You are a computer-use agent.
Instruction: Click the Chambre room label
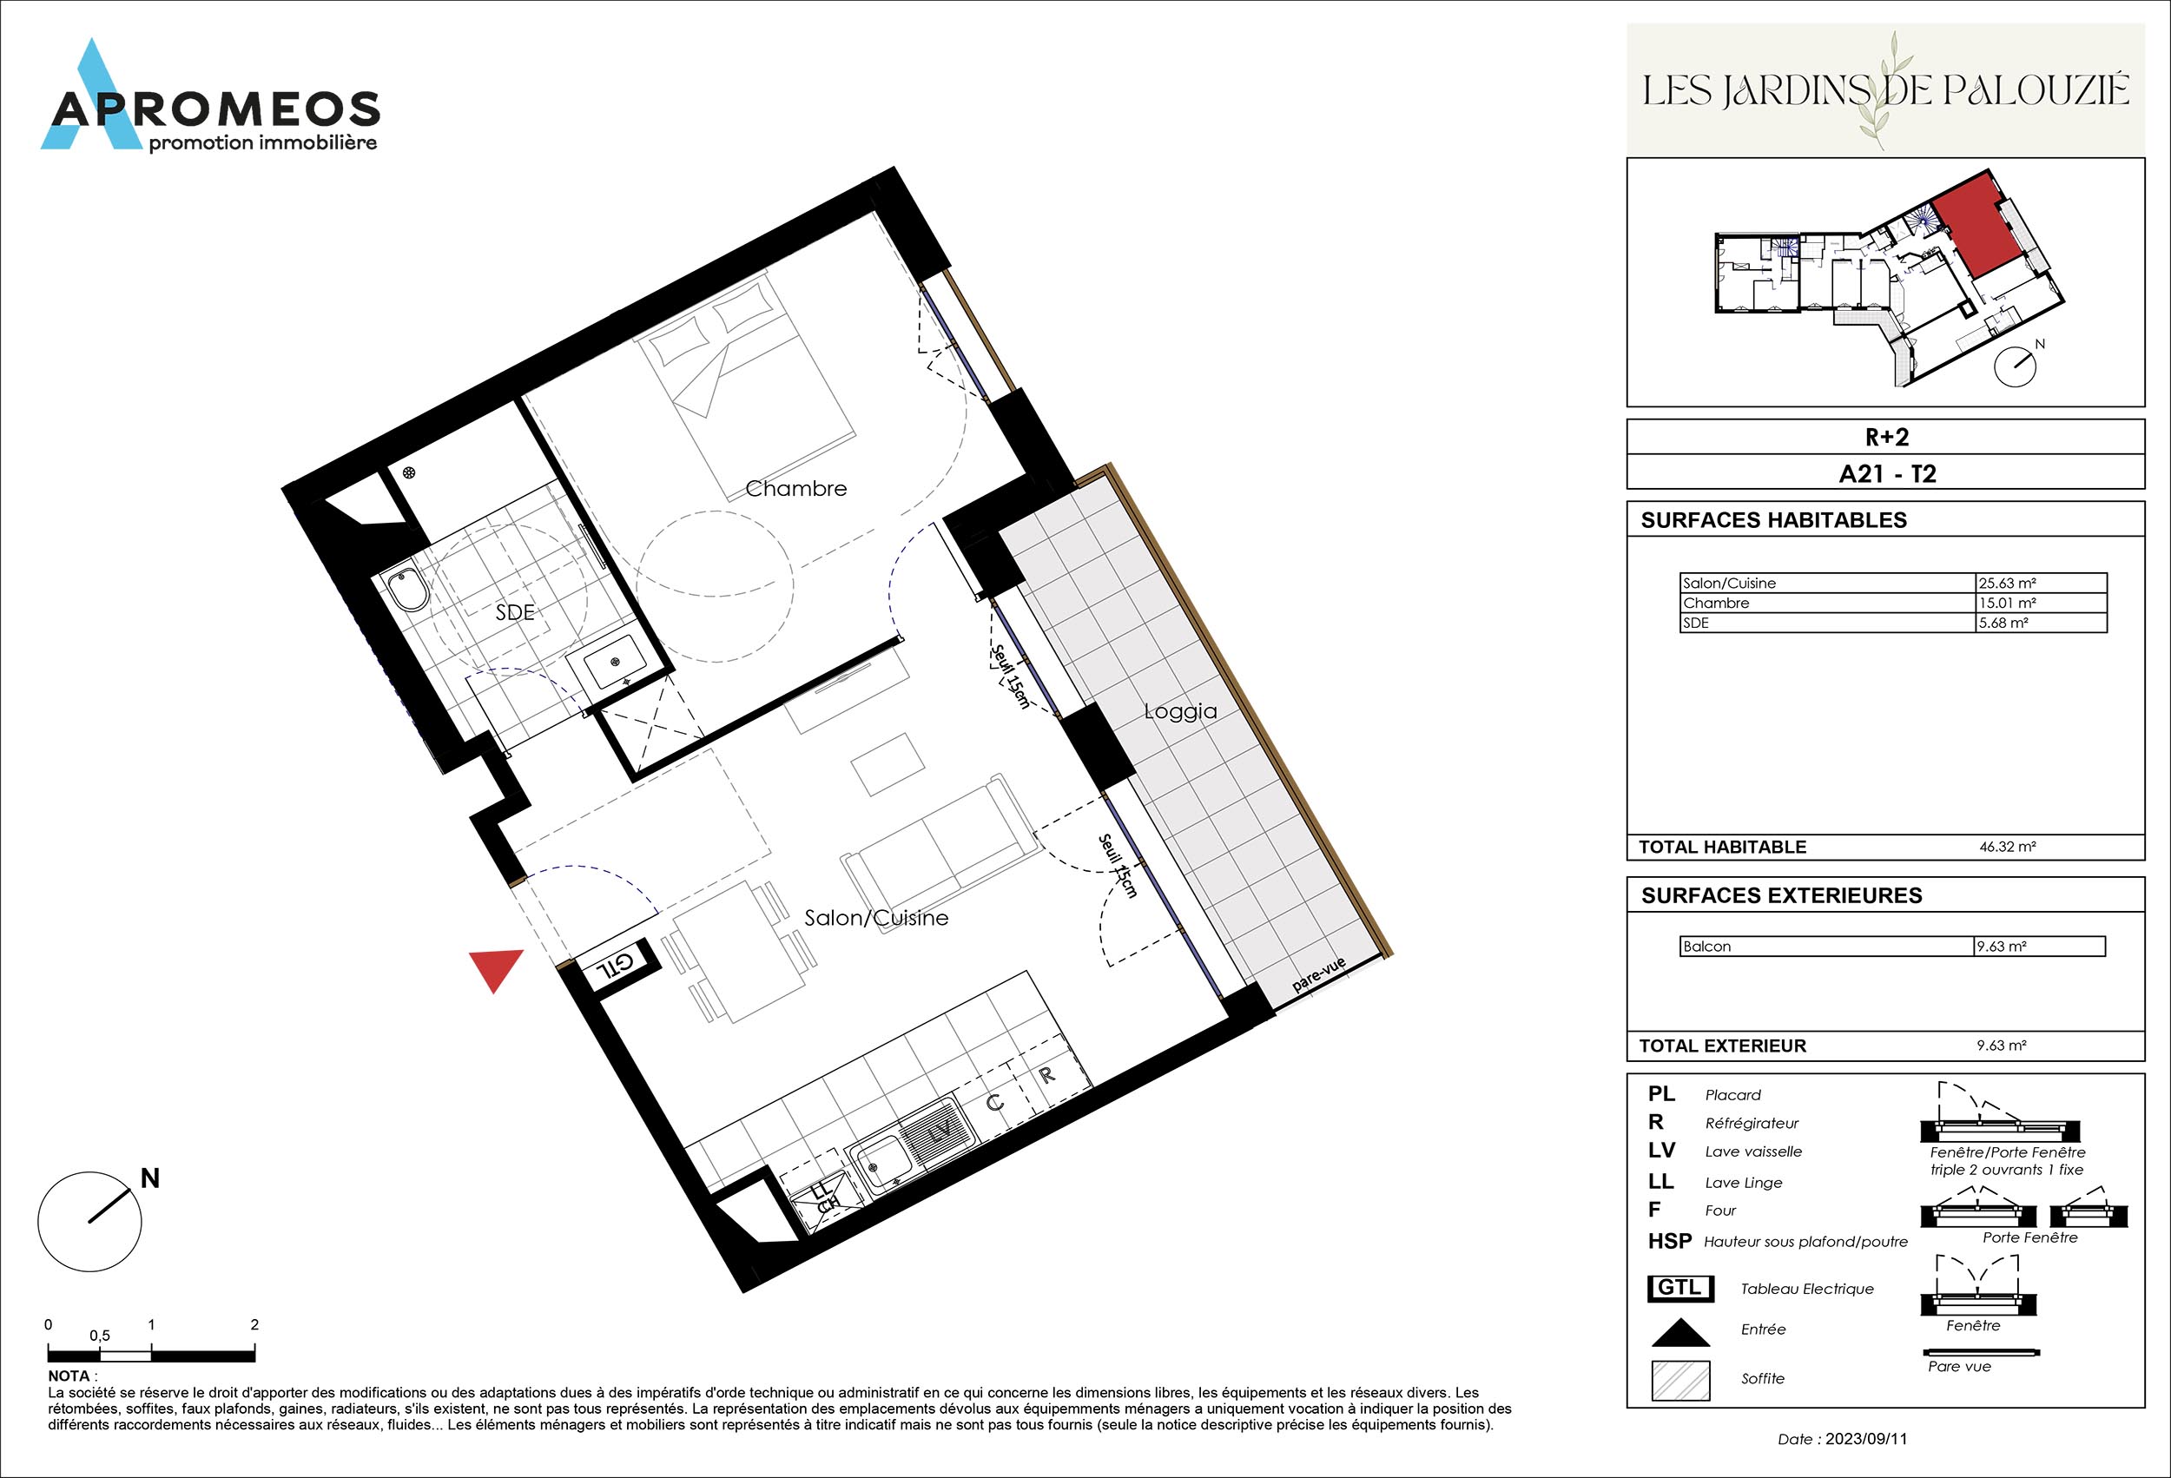pos(796,489)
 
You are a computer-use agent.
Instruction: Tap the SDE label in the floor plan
pos(515,612)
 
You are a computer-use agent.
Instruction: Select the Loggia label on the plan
pos(1181,712)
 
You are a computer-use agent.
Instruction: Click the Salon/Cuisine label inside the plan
pos(876,919)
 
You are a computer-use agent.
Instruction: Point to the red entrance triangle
pos(496,968)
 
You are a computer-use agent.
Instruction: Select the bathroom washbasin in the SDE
pos(615,662)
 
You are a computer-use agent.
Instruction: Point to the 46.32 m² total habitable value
pos(2007,847)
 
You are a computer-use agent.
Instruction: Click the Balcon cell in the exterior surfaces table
pos(1825,947)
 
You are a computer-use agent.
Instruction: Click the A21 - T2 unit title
pos(1887,473)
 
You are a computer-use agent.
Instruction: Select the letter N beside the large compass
pos(149,1179)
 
